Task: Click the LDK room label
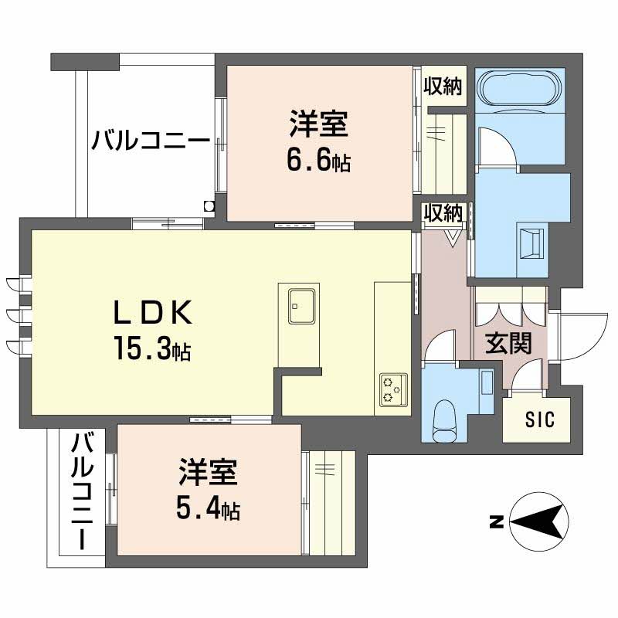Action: pyautogui.click(x=152, y=313)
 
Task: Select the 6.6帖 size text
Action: pyautogui.click(x=318, y=160)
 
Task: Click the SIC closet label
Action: pyautogui.click(x=539, y=420)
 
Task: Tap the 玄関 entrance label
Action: pyautogui.click(x=508, y=345)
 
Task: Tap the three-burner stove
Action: pyautogui.click(x=393, y=389)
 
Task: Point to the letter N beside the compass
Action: pyautogui.click(x=496, y=522)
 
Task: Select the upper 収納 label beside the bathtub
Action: pyautogui.click(x=443, y=87)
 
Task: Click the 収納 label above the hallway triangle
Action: pyautogui.click(x=443, y=211)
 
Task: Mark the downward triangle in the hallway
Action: pyautogui.click(x=452, y=235)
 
